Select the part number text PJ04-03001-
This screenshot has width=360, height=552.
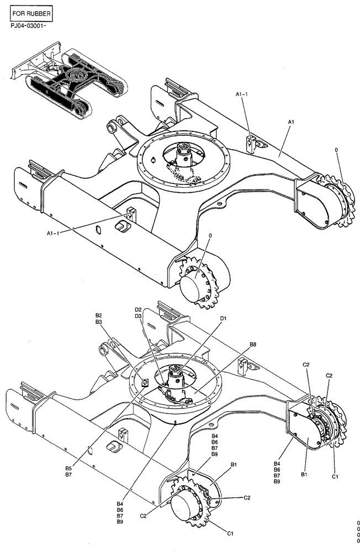(x=29, y=25)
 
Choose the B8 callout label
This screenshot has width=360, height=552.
(x=252, y=344)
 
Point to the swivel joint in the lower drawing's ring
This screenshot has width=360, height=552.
(x=177, y=378)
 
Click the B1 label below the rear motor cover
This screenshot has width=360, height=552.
(x=303, y=473)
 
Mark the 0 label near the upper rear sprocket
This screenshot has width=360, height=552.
(x=336, y=150)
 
